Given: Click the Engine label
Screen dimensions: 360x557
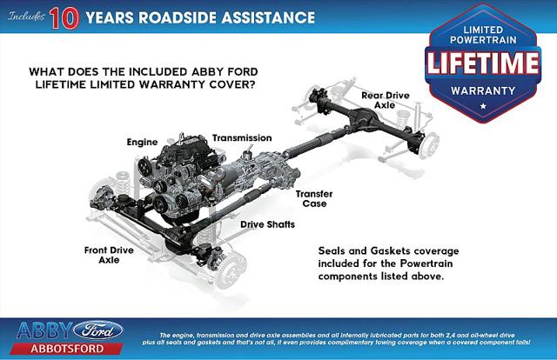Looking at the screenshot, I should pyautogui.click(x=142, y=140).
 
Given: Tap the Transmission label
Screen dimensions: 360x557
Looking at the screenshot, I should pyautogui.click(x=243, y=137).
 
